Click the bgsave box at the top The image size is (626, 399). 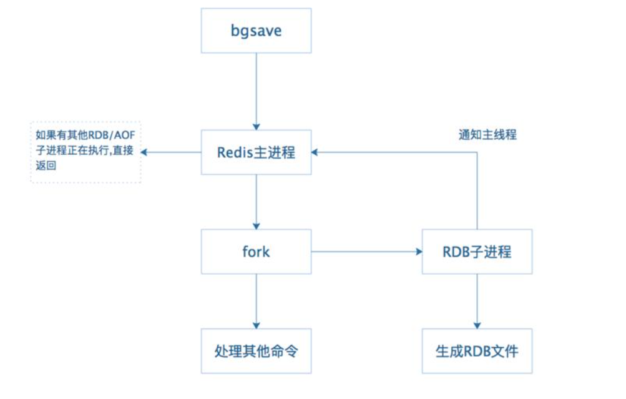point(256,31)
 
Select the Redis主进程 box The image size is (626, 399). point(256,152)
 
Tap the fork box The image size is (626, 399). point(256,251)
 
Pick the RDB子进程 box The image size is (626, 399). point(477,251)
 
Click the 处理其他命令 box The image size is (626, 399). point(256,351)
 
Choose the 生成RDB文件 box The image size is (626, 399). point(477,351)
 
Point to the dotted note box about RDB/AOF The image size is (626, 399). point(86,152)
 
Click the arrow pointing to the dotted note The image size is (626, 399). point(172,152)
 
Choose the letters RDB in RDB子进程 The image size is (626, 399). point(457,252)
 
